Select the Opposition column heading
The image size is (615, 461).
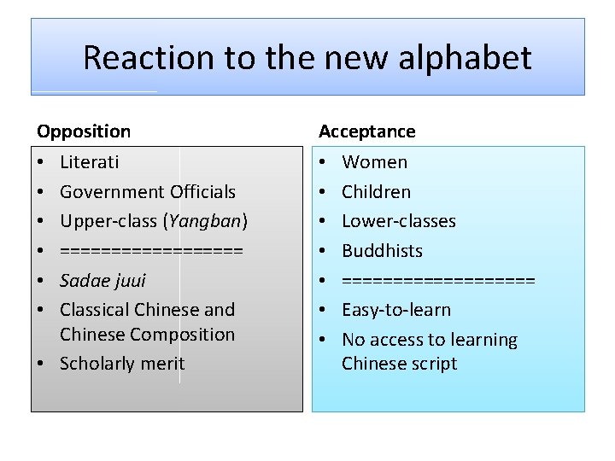tap(84, 131)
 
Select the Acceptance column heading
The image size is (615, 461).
tap(367, 131)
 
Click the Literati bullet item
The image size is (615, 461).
tap(90, 162)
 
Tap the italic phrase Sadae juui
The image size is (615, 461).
tap(102, 280)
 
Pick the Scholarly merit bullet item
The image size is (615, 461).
tap(122, 364)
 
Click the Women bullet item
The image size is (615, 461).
tap(375, 162)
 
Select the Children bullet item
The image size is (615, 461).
tap(376, 192)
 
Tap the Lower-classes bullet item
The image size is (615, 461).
tap(399, 221)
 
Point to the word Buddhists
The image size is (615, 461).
tap(382, 251)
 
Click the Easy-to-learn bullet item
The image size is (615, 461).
tap(396, 310)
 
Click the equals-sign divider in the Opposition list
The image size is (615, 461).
tap(151, 251)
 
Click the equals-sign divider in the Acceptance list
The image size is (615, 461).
tap(438, 280)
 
